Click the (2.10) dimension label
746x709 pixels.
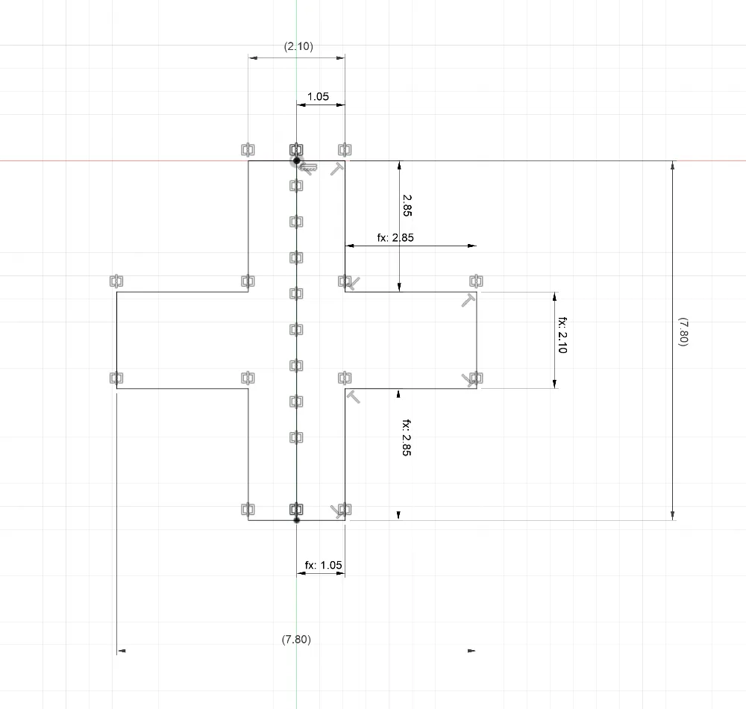298,46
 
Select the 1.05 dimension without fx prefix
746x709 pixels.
318,96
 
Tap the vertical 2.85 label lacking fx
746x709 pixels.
407,205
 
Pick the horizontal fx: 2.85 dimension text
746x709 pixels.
395,237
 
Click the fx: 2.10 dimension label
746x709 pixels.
562,335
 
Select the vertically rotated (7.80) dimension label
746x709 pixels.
683,331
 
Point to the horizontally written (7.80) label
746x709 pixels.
296,639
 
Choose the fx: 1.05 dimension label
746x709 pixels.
324,565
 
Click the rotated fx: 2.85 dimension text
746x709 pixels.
407,438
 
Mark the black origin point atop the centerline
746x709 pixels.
296,161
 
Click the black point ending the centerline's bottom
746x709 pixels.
296,520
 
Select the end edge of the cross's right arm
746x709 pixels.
477,340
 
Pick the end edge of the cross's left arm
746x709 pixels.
116,340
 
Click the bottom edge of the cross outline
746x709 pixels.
296,520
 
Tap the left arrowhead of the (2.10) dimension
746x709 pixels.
253,57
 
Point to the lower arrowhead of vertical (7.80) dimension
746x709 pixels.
672,516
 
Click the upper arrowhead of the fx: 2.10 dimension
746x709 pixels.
554,296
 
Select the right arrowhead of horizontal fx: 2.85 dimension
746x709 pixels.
472,246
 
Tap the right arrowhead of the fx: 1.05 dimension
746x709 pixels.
341,573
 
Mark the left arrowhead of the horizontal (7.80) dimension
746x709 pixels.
122,651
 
